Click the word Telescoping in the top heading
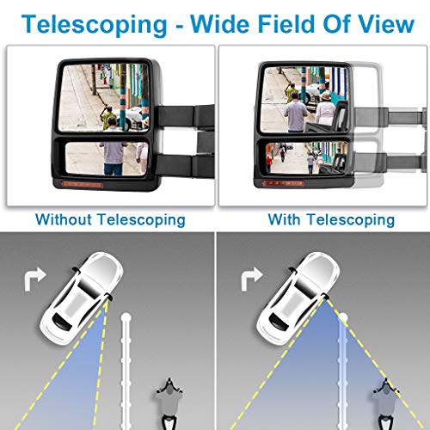point(94,25)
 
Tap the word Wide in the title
point(220,23)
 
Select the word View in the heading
point(386,23)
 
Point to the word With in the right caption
point(284,220)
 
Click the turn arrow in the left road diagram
point(35,279)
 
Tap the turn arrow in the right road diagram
point(252,279)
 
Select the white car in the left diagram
point(82,298)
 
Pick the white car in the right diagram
point(298,298)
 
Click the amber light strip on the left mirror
point(83,184)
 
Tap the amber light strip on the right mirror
point(283,183)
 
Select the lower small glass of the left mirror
point(107,158)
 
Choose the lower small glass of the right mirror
point(307,158)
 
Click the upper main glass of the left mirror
point(104,98)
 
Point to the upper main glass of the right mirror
point(305,99)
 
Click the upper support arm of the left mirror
point(185,116)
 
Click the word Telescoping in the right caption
point(351,220)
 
